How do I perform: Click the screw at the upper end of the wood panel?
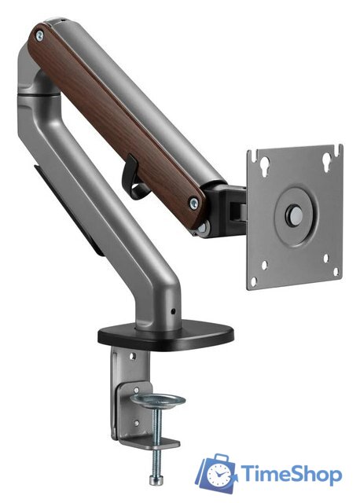40,35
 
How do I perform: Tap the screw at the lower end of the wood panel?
194,203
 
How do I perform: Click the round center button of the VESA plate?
294,213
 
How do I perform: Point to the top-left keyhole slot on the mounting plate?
265,166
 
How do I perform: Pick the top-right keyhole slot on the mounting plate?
327,161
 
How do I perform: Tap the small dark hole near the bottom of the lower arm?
173,311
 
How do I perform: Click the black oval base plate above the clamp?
166,335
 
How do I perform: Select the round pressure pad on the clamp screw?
159,401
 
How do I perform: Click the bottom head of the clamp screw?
155,479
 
